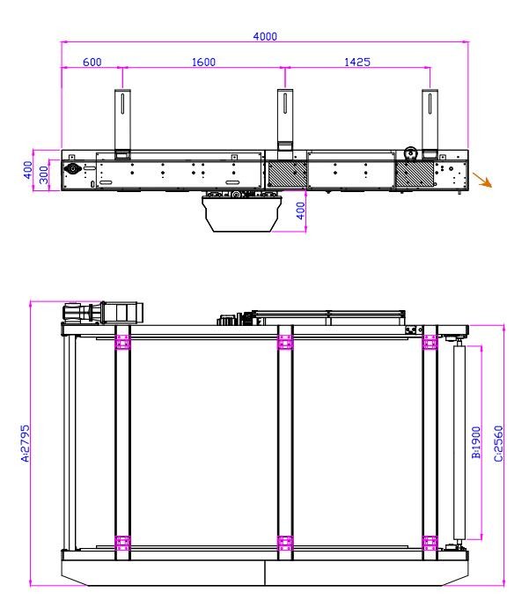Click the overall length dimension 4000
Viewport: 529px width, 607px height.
(x=265, y=36)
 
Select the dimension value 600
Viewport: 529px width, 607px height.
(x=91, y=62)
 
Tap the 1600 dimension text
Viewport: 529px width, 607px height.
(x=202, y=62)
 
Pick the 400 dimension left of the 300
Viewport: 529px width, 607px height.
(x=27, y=167)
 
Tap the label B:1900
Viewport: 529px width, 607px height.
(x=474, y=443)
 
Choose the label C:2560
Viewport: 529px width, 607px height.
(x=498, y=443)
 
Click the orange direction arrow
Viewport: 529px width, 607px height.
(x=481, y=181)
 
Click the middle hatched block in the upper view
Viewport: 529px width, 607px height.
(x=287, y=172)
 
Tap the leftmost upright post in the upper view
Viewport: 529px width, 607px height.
(x=121, y=121)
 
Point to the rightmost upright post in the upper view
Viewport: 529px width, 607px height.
(x=430, y=121)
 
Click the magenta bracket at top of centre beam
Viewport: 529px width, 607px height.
(x=285, y=341)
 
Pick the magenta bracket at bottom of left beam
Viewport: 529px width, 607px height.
(x=122, y=542)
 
